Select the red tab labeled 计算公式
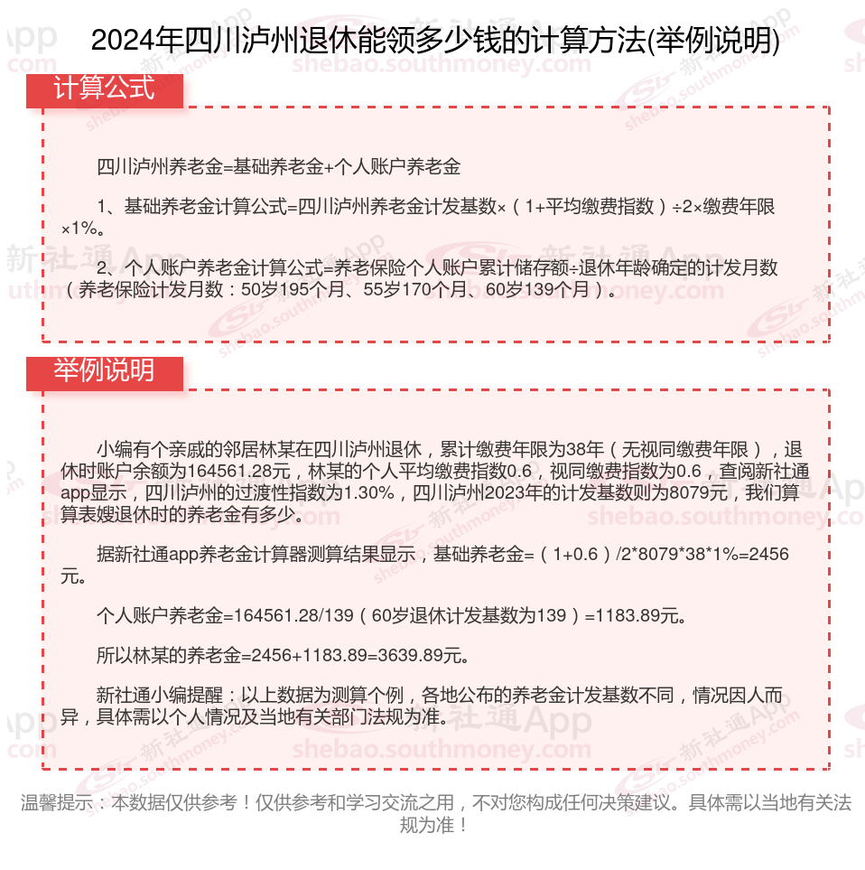104,89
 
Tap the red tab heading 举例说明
104,371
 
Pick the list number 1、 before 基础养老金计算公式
109,207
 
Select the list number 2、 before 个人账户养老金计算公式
109,268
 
